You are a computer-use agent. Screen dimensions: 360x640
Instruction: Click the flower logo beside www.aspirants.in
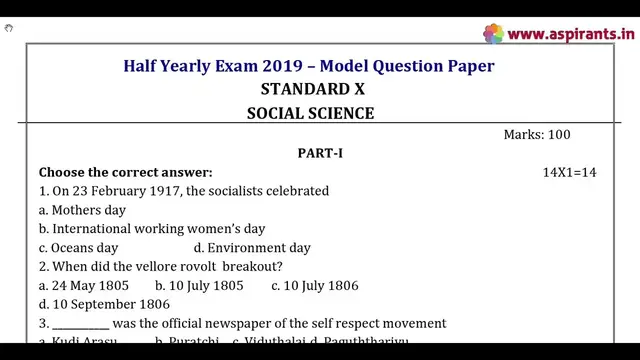point(494,34)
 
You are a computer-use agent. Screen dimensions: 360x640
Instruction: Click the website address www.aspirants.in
point(571,34)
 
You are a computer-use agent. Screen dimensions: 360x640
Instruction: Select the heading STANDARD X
point(312,89)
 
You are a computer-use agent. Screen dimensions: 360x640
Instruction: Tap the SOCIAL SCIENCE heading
point(310,113)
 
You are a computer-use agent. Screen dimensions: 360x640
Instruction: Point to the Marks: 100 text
point(537,134)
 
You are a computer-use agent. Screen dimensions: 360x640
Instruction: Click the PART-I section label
point(320,153)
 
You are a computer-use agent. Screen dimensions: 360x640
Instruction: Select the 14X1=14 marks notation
point(569,172)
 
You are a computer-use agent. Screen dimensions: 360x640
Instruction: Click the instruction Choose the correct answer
point(125,172)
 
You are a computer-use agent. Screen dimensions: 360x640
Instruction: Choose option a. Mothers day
point(82,210)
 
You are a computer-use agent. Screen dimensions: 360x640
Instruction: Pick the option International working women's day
point(152,229)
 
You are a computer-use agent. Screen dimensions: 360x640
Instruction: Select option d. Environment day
point(252,248)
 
